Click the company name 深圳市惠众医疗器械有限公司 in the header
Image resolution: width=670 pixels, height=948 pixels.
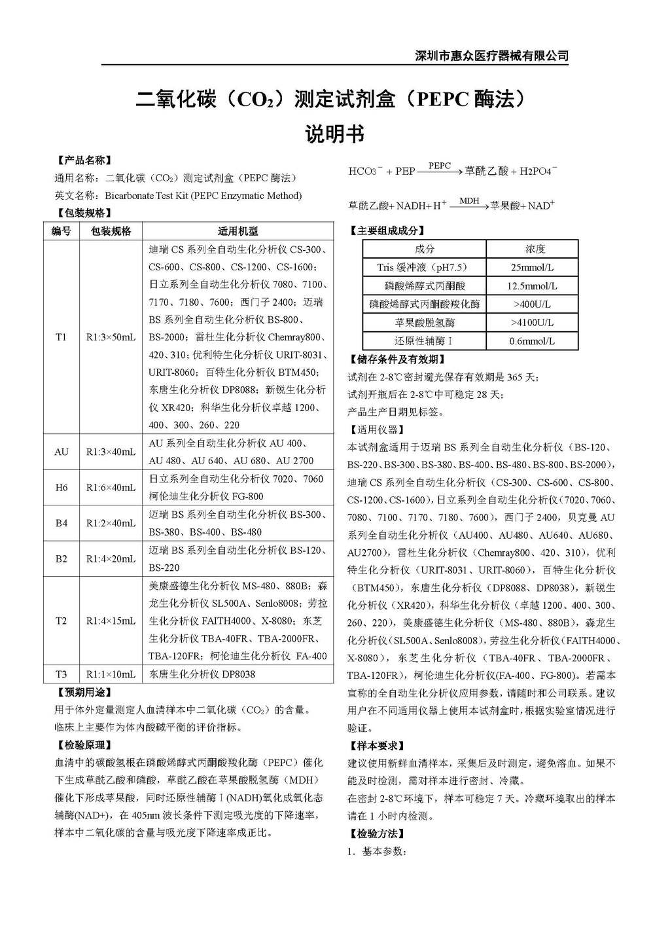(492, 56)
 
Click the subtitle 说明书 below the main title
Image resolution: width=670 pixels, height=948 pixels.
(334, 134)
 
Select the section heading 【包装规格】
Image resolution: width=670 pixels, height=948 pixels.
(83, 213)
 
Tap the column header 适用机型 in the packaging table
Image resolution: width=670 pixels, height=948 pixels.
(238, 231)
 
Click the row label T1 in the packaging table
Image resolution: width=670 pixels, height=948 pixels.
(61, 337)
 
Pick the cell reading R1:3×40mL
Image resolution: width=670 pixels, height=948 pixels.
(111, 452)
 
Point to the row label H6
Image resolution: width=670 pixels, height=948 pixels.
(61, 487)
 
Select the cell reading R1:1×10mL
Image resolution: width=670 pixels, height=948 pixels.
(111, 674)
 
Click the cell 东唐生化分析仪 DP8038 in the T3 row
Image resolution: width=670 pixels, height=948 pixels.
(202, 674)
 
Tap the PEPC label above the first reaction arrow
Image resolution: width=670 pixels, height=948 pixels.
(440, 166)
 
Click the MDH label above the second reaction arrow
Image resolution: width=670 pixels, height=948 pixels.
(469, 200)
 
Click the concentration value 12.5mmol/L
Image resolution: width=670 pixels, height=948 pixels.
(532, 286)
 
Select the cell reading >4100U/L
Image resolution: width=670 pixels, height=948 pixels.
(532, 323)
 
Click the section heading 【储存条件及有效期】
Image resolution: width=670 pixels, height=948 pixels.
(398, 359)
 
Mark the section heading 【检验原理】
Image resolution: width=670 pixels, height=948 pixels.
(83, 745)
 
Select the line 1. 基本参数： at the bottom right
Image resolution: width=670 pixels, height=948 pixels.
(378, 852)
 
